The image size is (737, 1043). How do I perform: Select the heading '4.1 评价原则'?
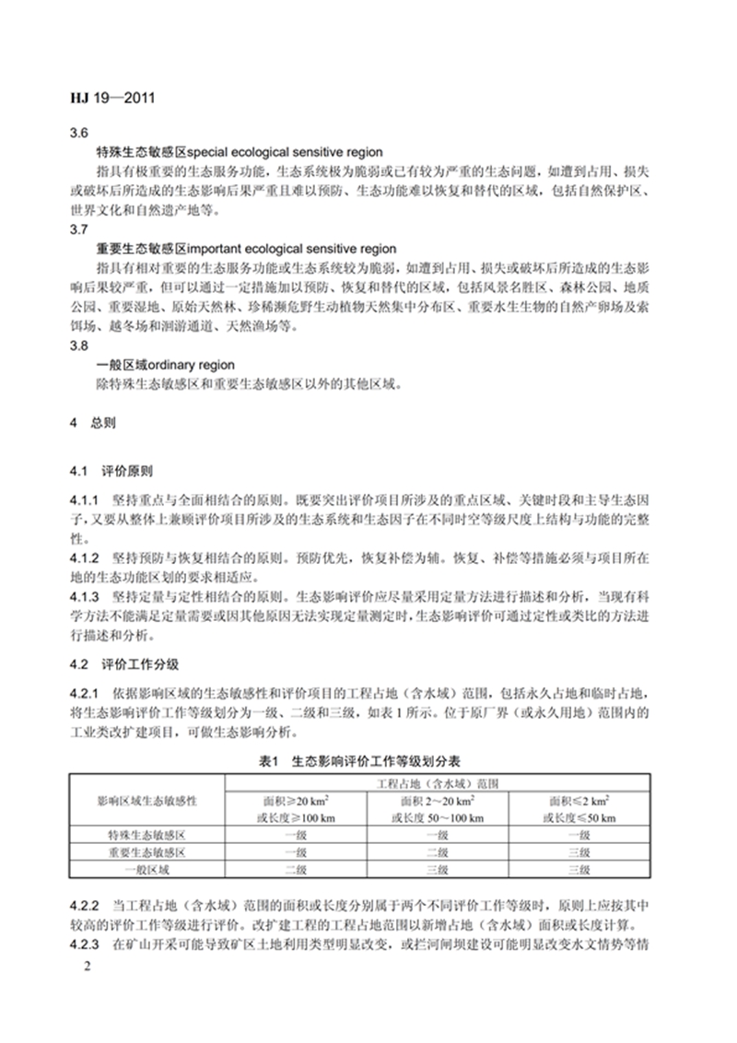[113, 469]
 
